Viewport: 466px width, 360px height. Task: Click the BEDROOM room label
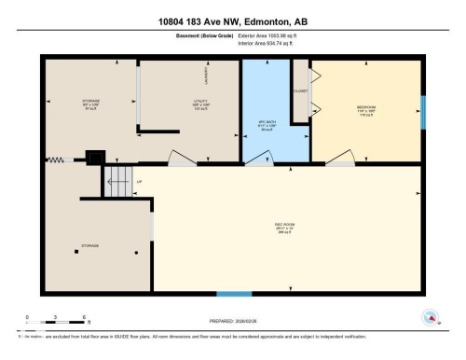366,107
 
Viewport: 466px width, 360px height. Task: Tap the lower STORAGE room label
90,245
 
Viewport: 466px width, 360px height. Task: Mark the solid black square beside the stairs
92,159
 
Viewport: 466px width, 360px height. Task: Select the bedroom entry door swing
340,159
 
